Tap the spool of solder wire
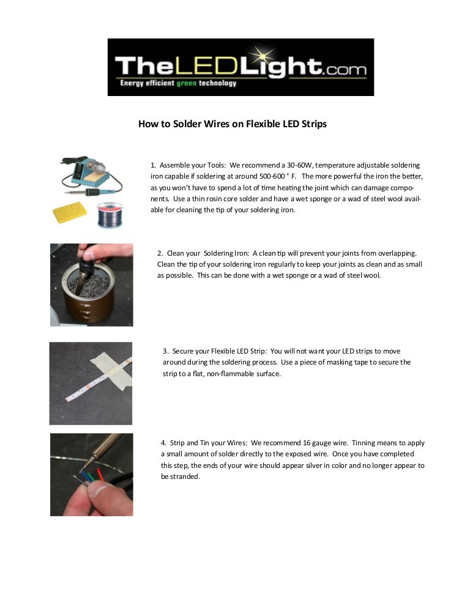coord(110,215)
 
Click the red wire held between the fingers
coord(100,475)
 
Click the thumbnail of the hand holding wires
coord(91,475)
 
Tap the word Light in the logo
coord(290,67)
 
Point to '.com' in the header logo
coord(345,71)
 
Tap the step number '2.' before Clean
coord(160,253)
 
